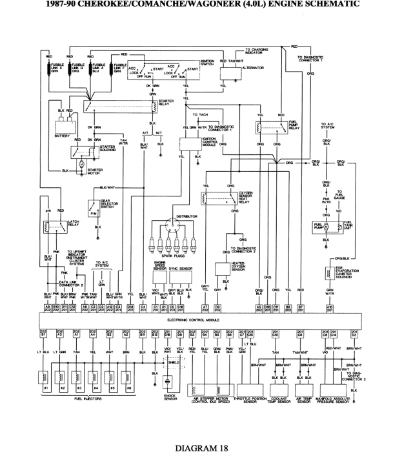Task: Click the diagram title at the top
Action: [x=201, y=4]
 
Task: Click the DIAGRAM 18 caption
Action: [x=201, y=446]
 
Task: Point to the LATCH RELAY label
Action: [x=74, y=223]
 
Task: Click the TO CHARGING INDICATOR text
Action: [x=257, y=51]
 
